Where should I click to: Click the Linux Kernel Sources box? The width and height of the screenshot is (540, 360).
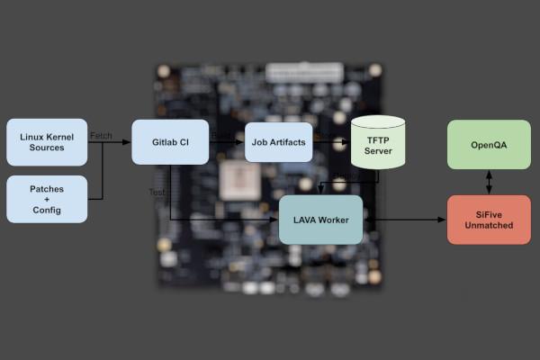pyautogui.click(x=47, y=142)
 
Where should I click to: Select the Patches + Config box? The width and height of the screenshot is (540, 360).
pyautogui.click(x=47, y=199)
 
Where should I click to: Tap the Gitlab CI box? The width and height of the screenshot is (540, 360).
pyautogui.click(x=170, y=142)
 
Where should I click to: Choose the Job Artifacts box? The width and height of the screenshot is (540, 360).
pyautogui.click(x=278, y=142)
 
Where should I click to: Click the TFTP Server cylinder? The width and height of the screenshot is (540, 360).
pyautogui.click(x=378, y=143)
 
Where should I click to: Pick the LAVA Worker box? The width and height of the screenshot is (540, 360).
pyautogui.click(x=320, y=220)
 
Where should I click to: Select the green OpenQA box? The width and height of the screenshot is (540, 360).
pyautogui.click(x=489, y=144)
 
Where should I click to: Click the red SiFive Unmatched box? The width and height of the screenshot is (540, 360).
pyautogui.click(x=489, y=219)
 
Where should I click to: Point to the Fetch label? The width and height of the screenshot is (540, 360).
pyautogui.click(x=101, y=136)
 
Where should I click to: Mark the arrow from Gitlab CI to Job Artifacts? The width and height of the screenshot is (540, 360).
pyautogui.click(x=227, y=142)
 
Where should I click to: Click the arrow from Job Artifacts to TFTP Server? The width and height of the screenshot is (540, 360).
pyautogui.click(x=331, y=142)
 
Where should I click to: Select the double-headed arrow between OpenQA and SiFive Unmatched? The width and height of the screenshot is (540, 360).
pyautogui.click(x=489, y=182)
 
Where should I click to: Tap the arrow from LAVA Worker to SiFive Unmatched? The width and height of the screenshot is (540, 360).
pyautogui.click(x=404, y=220)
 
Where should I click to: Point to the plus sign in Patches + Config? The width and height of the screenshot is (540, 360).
pyautogui.click(x=47, y=199)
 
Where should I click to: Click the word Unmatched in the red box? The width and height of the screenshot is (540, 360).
pyautogui.click(x=489, y=225)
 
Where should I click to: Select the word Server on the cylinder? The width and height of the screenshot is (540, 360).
pyautogui.click(x=378, y=150)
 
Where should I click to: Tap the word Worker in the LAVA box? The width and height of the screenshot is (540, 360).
pyautogui.click(x=333, y=220)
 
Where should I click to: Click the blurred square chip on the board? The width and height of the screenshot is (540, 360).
pyautogui.click(x=240, y=181)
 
